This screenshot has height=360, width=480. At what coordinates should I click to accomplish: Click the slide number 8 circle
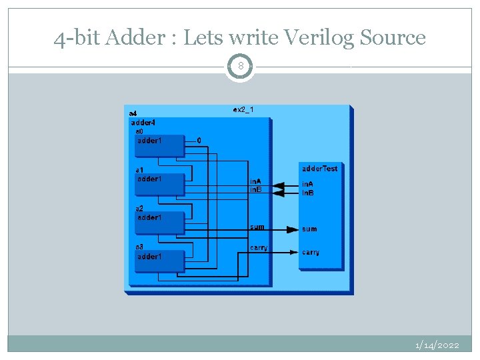click(240, 67)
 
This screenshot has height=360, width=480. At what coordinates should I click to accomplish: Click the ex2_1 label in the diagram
click(243, 109)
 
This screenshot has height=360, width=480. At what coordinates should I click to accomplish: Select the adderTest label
click(320, 169)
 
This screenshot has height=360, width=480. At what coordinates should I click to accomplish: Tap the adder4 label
click(143, 123)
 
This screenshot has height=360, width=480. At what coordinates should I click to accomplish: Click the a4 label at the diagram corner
click(133, 113)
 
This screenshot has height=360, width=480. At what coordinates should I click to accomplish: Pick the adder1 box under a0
click(159, 145)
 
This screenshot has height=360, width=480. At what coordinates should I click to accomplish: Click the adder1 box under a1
click(159, 184)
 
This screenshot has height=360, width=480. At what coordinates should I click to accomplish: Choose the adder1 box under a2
click(159, 223)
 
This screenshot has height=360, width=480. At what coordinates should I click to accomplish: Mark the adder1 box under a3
click(159, 261)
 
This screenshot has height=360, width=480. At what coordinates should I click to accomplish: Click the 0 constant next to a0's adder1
click(199, 141)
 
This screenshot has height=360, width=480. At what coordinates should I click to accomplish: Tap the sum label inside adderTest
click(309, 229)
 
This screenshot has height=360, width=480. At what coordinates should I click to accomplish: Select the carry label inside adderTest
click(311, 252)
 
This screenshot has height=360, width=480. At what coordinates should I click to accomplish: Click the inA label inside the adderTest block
click(309, 184)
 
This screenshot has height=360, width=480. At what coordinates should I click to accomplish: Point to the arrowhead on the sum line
click(293, 229)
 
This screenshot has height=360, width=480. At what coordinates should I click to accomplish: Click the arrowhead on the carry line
click(293, 252)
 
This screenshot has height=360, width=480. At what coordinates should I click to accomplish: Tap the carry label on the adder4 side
click(259, 248)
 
